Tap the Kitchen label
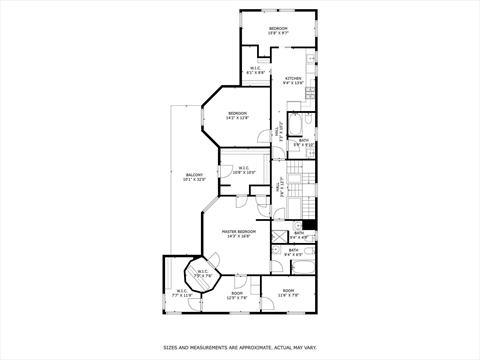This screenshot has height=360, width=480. point(293,80)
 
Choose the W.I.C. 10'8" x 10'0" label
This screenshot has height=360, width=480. point(244,170)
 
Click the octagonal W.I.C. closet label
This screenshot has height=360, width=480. point(202,273)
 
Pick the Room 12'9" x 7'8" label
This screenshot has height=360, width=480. point(237,296)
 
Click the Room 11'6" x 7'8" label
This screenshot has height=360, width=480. point(289,294)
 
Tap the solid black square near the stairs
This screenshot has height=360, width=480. point(309,224)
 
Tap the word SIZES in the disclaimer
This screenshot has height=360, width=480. point(171,348)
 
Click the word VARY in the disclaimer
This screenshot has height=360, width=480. point(308,348)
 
